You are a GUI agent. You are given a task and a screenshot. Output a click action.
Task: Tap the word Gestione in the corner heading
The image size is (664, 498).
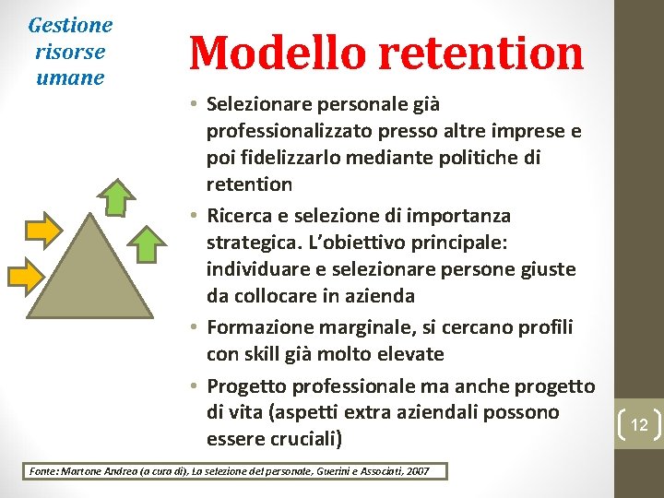coord(70,25)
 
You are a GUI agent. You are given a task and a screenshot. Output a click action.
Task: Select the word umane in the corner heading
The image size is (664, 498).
coord(70,77)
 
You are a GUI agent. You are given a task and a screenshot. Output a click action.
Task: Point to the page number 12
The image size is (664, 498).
coord(639,424)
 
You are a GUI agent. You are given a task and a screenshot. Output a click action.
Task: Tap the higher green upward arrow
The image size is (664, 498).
coord(117,196)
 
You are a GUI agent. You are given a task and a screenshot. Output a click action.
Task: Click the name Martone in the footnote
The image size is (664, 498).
coord(80,471)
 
